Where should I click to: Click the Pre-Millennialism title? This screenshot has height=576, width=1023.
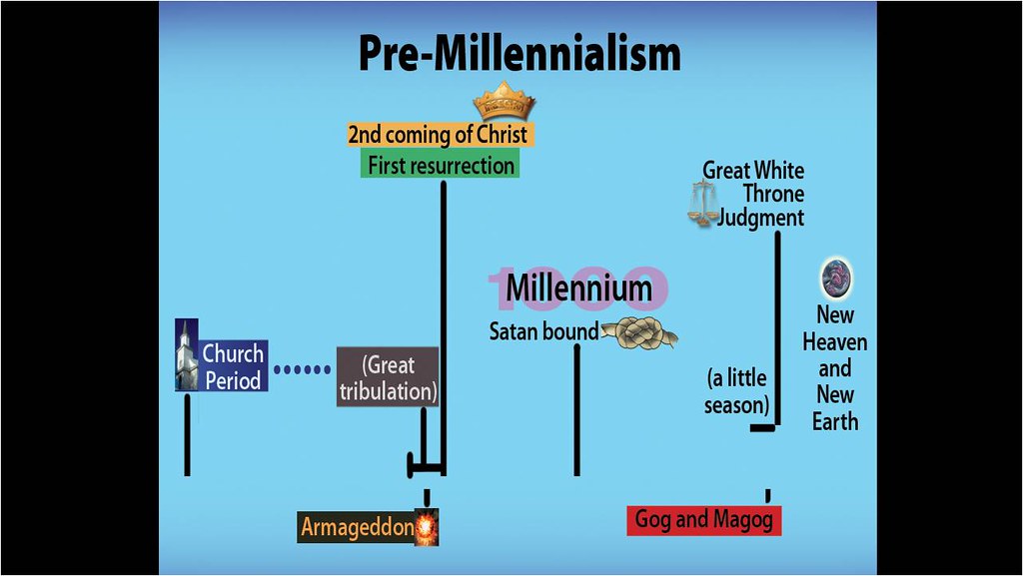[518, 55]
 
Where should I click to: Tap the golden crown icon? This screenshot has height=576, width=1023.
[504, 102]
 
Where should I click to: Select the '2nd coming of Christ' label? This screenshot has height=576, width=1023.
[438, 134]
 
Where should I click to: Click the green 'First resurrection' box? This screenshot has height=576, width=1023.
[441, 165]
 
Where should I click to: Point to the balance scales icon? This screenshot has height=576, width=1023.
[703, 205]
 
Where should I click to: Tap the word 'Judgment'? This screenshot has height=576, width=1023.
[761, 217]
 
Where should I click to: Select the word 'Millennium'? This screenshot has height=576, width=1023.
[578, 288]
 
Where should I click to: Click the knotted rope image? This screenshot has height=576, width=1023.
[640, 332]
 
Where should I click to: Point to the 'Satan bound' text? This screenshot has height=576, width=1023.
[543, 331]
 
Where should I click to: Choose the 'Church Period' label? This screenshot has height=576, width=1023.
[233, 366]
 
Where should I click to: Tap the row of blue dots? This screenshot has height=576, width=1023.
[301, 369]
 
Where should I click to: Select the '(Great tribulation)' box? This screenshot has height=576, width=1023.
[388, 377]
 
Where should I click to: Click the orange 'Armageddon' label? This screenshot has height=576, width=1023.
[357, 526]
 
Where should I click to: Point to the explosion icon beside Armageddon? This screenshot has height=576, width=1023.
[427, 526]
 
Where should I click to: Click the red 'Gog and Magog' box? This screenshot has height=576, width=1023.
[703, 519]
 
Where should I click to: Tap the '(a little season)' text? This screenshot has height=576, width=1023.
[736, 391]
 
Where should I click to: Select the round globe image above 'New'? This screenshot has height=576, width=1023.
[835, 278]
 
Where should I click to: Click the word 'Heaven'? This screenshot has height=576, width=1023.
[835, 342]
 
